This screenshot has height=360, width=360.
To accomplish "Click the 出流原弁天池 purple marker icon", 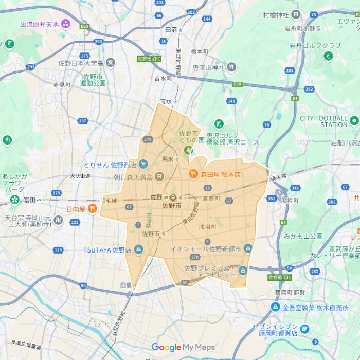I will pos(65,23).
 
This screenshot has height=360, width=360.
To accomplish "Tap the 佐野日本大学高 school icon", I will pos(111,63).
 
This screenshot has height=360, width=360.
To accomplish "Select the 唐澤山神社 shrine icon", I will pos(232,67).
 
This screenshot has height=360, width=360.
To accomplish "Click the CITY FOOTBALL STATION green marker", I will pos(354,121).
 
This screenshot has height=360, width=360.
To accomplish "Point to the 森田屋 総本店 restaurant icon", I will pos(194,174).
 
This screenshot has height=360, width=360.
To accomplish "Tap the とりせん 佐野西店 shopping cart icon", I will pos(143,165).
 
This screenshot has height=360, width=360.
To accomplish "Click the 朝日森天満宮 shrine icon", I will pos(159,177).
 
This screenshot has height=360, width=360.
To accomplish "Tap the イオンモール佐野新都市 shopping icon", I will pos(248,249).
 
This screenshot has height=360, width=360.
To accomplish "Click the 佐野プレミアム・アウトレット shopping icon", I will pos(242,269).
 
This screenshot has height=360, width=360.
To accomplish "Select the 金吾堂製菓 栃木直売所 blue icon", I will pos(276,307).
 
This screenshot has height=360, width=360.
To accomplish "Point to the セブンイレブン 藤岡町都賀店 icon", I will pos(305,329).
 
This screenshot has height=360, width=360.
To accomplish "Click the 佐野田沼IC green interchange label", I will pos(149,59).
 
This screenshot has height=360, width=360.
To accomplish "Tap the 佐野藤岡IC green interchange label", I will pos(279,277).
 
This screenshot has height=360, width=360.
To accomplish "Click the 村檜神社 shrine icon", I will pos(296,14).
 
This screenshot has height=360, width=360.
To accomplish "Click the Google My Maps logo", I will pos(183,347).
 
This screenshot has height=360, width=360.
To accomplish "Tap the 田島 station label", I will pos(125,285).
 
